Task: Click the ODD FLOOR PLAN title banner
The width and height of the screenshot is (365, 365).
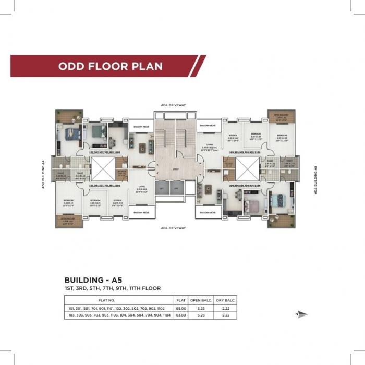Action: pyautogui.click(x=111, y=66)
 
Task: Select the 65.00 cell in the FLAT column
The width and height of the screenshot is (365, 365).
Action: pyautogui.click(x=181, y=308)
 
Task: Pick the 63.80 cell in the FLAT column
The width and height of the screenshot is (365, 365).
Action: pyautogui.click(x=181, y=315)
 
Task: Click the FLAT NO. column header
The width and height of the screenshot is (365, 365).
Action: pyautogui.click(x=118, y=300)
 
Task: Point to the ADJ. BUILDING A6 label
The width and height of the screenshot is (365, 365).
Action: pyautogui.click(x=316, y=180)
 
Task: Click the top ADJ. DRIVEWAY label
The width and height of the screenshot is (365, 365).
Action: pyautogui.click(x=174, y=105)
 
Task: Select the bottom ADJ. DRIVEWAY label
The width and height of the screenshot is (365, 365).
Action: pyautogui.click(x=174, y=228)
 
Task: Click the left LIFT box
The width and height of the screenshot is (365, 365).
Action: pyautogui.click(x=162, y=188)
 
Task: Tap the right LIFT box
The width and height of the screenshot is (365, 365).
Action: pyautogui.click(x=176, y=188)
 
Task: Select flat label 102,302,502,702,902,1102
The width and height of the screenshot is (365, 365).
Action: pyautogui.click(x=105, y=152)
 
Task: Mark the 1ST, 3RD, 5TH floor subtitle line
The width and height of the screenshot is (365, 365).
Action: pyautogui.click(x=113, y=288)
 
